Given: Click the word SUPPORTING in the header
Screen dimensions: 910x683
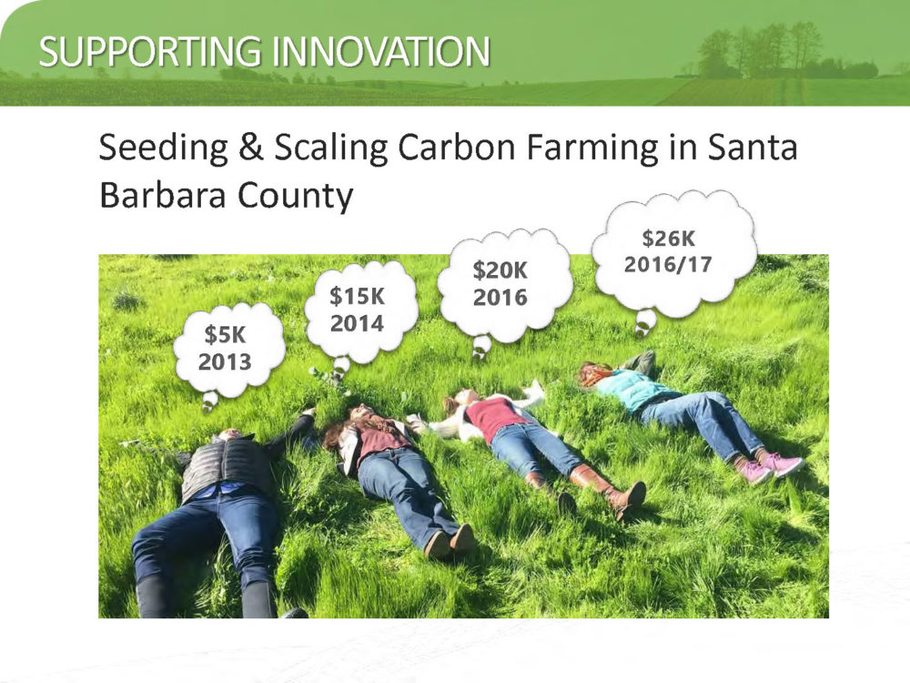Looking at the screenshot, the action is [150, 51].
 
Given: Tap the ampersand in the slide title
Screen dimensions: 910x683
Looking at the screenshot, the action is [251, 147].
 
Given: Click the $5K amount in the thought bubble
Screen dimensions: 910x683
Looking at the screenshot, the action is [225, 335].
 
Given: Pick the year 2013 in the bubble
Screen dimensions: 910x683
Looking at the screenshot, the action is [225, 362].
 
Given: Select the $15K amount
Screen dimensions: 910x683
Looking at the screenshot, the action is [357, 296].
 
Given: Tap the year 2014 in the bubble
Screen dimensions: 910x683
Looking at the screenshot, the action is [357, 323].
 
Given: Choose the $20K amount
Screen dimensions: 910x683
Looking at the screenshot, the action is [500, 270].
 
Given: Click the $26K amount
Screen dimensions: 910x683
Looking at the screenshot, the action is [669, 238].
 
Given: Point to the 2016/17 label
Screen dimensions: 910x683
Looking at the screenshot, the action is [668, 265].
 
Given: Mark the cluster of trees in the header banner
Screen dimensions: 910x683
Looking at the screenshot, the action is [760, 51].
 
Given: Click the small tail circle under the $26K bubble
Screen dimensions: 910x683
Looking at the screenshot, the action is [645, 322].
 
